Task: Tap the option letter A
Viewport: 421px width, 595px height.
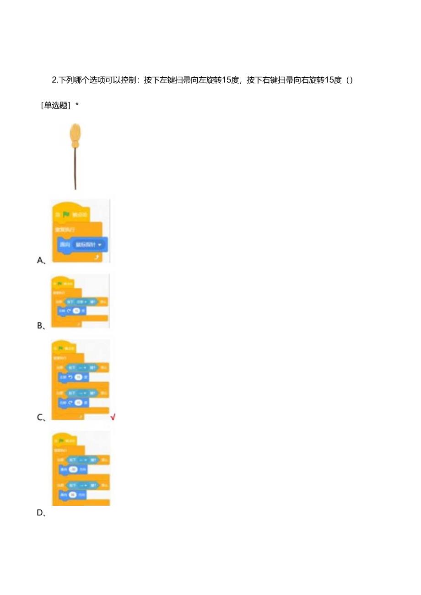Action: pyautogui.click(x=40, y=260)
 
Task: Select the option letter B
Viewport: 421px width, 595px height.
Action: pyautogui.click(x=40, y=326)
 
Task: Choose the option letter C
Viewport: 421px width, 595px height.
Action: pyautogui.click(x=40, y=417)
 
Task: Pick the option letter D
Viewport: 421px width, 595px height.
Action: pyautogui.click(x=40, y=513)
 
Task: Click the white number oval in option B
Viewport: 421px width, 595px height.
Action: pyautogui.click(x=76, y=311)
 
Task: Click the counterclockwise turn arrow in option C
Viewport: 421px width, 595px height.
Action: pyautogui.click(x=70, y=377)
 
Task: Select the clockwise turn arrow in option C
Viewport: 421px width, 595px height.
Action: pyautogui.click(x=70, y=403)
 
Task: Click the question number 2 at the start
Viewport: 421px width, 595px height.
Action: pyautogui.click(x=54, y=80)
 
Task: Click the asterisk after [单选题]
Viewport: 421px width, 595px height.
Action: pyautogui.click(x=77, y=105)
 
